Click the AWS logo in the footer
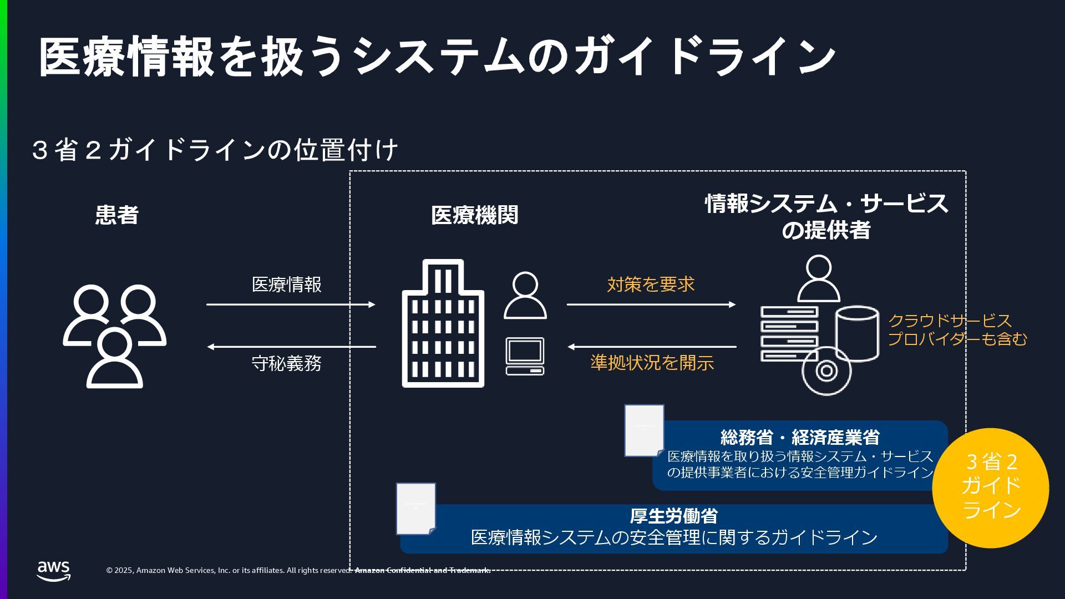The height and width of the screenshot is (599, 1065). [x=54, y=571]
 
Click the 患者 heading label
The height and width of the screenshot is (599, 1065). [x=116, y=215]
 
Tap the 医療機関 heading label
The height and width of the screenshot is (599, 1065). [x=474, y=215]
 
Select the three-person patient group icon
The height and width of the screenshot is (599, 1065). [x=114, y=336]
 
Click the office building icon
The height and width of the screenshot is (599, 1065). [x=443, y=324]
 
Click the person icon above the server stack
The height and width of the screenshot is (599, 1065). [x=819, y=278]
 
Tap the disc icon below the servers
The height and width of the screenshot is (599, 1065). [x=826, y=370]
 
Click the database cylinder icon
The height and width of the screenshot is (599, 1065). [x=857, y=333]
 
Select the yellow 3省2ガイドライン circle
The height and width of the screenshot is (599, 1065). [x=991, y=488]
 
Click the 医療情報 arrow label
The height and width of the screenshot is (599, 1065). [x=287, y=285]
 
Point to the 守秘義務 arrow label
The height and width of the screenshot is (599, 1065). [x=287, y=364]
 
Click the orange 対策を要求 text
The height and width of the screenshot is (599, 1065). [x=651, y=285]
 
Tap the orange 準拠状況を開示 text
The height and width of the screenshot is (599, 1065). [x=652, y=363]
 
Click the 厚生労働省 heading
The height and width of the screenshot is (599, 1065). [x=673, y=516]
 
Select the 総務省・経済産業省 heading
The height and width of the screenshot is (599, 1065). [x=800, y=437]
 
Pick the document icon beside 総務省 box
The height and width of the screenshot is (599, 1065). [x=645, y=430]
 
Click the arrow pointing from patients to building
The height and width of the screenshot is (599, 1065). [x=291, y=304]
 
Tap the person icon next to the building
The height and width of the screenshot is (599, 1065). [x=525, y=296]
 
